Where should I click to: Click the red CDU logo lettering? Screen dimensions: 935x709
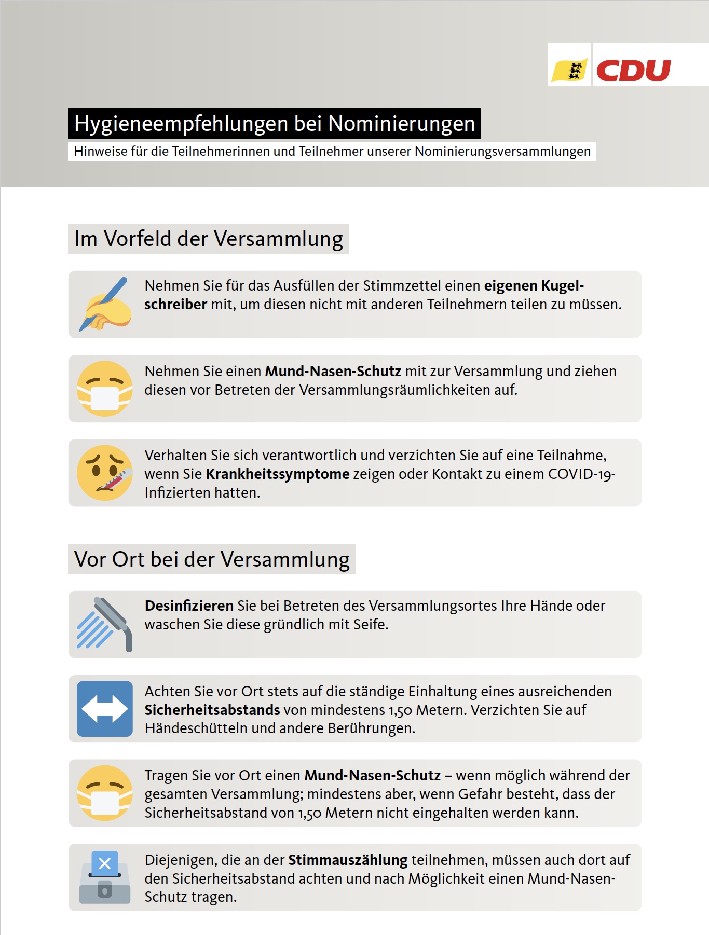633,71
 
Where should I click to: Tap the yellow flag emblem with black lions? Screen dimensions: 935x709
569,70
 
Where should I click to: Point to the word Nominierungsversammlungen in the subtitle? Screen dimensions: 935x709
502,152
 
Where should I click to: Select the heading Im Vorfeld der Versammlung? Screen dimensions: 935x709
208,239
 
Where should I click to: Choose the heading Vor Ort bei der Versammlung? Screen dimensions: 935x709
212,559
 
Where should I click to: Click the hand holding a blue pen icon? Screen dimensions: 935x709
105,305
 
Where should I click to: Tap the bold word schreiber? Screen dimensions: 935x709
175,305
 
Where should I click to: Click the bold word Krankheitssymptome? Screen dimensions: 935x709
278,474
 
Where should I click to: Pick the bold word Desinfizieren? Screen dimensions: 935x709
189,606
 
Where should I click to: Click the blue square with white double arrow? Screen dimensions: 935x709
105,709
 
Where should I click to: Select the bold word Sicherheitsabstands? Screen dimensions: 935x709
212,710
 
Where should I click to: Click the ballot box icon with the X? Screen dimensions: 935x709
105,877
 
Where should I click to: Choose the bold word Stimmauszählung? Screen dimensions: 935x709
348,860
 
